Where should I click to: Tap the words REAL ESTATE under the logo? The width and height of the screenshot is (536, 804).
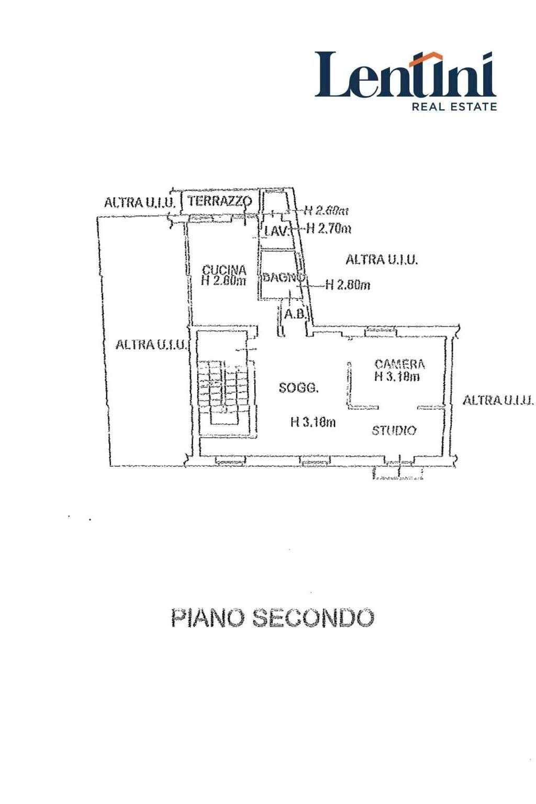454,107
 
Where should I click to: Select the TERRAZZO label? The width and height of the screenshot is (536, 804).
220,200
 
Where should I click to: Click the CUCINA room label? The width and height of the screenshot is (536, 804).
224,270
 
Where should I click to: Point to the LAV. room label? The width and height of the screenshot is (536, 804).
276,230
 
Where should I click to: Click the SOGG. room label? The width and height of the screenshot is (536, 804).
298,388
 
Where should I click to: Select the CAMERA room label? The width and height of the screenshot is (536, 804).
400,364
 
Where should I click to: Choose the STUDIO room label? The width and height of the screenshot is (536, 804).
394,430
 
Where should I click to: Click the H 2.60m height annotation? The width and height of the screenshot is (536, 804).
327,210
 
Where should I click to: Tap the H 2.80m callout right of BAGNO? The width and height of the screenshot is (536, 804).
348,285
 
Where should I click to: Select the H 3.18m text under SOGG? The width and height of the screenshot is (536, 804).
313,422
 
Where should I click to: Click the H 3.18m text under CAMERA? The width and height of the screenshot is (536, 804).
397,376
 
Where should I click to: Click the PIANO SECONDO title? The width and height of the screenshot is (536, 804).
273,618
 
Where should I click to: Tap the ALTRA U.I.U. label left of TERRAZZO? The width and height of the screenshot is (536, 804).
139,202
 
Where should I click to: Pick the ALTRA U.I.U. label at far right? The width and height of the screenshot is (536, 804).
498,400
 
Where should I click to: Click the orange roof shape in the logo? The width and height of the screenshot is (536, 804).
427,59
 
